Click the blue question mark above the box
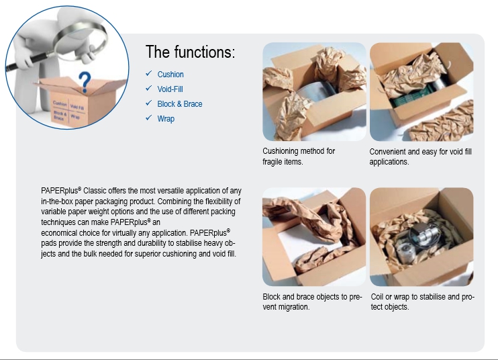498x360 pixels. tap(85, 82)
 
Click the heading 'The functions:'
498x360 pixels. tap(190, 52)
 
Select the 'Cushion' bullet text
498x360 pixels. tap(170, 75)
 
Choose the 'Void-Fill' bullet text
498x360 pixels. tap(170, 89)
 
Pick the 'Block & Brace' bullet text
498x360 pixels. tap(180, 104)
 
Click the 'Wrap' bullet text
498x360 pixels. tap(166, 119)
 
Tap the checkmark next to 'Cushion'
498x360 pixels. tap(148, 73)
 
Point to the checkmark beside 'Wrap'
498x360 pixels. tap(148, 118)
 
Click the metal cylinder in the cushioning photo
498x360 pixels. tap(314, 91)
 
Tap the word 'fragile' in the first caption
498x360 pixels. tap(271, 162)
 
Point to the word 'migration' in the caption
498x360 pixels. tap(293, 307)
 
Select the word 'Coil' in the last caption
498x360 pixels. tap(377, 297)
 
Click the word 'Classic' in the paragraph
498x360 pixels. tap(95, 191)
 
